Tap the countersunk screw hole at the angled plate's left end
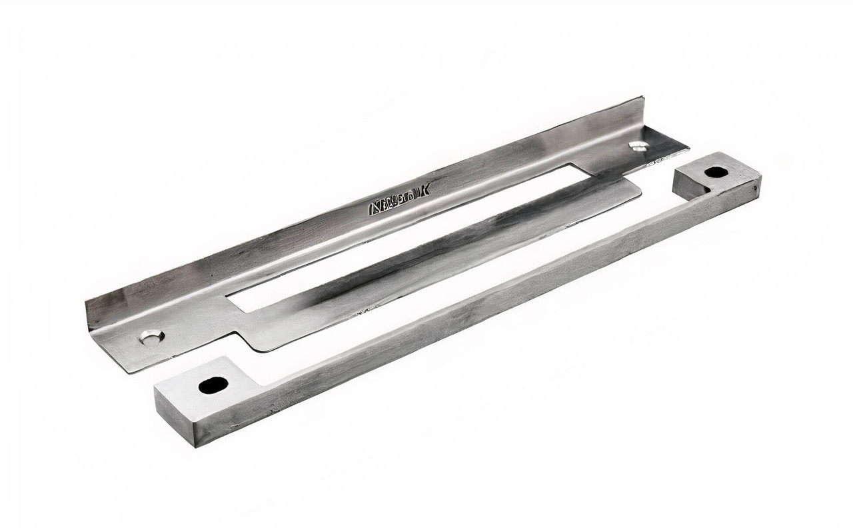tap(151, 337)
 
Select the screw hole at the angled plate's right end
tap(638, 146)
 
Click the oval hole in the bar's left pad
tap(213, 385)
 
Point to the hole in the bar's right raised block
tap(716, 172)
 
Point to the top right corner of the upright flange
tap(642, 98)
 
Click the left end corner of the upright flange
tap(87, 304)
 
